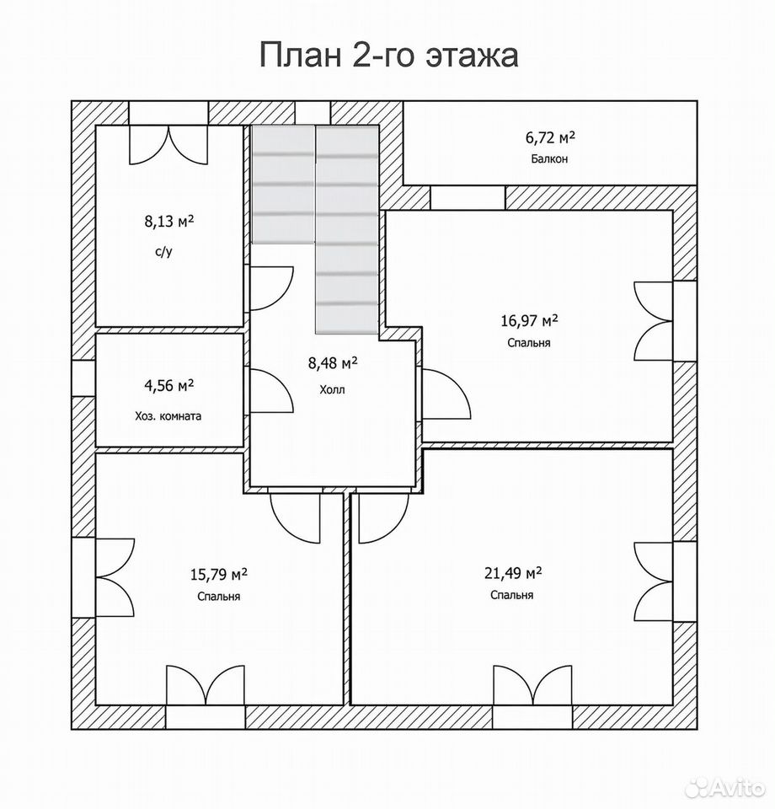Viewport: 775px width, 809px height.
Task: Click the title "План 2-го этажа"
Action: [x=388, y=55]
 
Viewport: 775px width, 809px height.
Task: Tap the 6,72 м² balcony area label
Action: [x=550, y=137]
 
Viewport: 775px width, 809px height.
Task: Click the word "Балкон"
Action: [x=550, y=159]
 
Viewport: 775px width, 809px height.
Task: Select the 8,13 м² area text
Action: [x=169, y=222]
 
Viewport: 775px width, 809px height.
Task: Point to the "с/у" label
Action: [x=163, y=253]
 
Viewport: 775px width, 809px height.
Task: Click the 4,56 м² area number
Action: [x=169, y=385]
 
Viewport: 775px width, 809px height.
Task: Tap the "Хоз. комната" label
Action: [x=168, y=415]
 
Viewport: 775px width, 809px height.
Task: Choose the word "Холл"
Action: [x=332, y=389]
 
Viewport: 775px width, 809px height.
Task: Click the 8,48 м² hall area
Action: [x=333, y=363]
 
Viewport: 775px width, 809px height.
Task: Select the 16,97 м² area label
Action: [x=529, y=321]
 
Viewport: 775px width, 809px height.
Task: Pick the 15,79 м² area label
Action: [x=219, y=574]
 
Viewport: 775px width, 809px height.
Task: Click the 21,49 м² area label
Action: [x=512, y=573]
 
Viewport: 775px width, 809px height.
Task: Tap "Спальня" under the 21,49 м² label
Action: [x=511, y=595]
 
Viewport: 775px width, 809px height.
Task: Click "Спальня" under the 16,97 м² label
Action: [x=528, y=343]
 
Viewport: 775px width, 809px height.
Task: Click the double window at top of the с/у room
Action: [x=168, y=146]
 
